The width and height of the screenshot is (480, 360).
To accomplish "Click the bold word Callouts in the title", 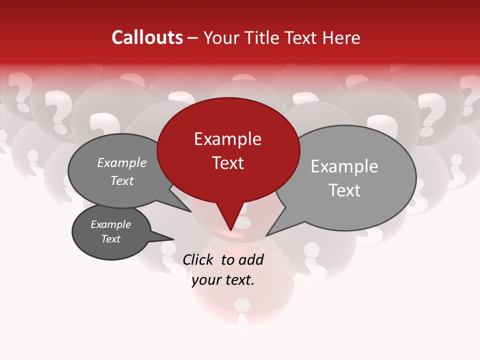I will (x=147, y=37).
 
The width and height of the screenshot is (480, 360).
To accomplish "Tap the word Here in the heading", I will (x=341, y=38).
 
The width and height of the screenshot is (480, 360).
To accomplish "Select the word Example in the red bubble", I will (x=227, y=139).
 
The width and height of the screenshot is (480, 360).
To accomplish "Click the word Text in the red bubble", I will (x=227, y=162).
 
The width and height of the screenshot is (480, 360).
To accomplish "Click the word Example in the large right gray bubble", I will (x=344, y=166).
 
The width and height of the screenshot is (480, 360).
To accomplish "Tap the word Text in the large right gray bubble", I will (x=344, y=190).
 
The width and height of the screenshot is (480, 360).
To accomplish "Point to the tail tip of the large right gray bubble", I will (x=267, y=235).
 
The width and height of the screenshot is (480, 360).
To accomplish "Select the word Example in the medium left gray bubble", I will (x=122, y=162).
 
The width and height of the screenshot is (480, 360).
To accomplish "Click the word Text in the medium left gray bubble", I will (x=122, y=180).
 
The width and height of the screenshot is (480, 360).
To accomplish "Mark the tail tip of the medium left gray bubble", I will (x=190, y=211).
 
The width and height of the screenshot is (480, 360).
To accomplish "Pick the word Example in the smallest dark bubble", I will (x=110, y=224).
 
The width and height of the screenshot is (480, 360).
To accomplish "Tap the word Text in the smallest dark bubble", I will (x=110, y=239).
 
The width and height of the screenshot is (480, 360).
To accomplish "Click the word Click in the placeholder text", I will (x=199, y=259).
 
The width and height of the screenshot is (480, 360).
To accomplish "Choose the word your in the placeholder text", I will (x=206, y=280).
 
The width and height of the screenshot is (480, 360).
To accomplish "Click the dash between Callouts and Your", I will (x=193, y=38).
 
